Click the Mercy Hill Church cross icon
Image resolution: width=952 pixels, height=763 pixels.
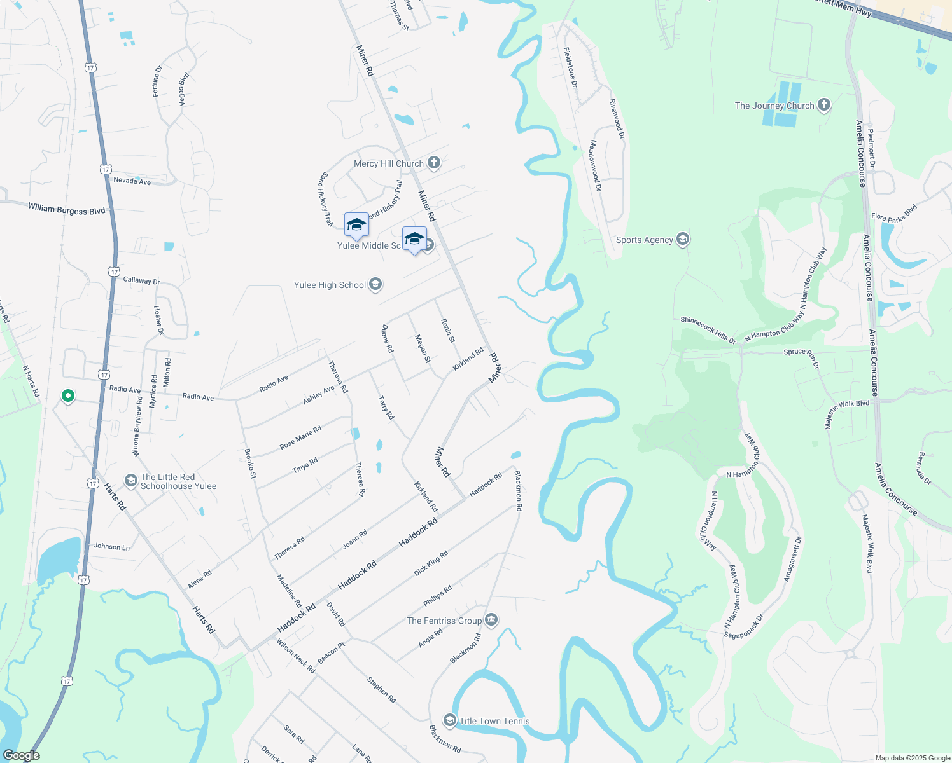click(434, 163)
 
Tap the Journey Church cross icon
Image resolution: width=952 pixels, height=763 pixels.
click(824, 105)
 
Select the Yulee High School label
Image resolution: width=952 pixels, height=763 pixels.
click(330, 285)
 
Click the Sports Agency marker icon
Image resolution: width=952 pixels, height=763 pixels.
click(683, 239)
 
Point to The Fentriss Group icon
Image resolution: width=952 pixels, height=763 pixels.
click(491, 619)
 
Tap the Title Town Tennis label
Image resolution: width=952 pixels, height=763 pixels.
click(494, 721)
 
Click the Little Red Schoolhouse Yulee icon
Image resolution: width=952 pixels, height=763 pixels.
click(131, 481)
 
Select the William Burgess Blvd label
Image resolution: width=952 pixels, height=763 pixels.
click(66, 209)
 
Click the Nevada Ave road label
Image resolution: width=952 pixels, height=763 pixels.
click(132, 181)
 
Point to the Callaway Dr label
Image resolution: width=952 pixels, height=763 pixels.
click(141, 280)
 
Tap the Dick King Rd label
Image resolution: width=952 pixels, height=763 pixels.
click(431, 563)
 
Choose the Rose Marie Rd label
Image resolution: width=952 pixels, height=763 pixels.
click(300, 437)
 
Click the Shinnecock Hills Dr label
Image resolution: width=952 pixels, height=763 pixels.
click(708, 329)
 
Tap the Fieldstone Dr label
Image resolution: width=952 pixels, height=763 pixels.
click(570, 67)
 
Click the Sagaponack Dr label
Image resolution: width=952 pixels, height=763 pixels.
click(743, 626)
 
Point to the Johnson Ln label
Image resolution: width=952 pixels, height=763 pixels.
click(111, 546)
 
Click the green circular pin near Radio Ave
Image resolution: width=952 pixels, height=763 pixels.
click(68, 396)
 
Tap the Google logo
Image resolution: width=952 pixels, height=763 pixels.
click(22, 755)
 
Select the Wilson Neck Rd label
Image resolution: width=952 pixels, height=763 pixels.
click(296, 656)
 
